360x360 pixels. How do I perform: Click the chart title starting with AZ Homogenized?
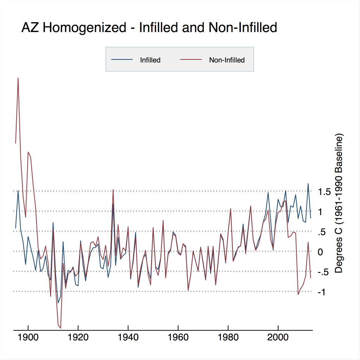[149, 27]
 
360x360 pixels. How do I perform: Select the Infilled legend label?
[150, 60]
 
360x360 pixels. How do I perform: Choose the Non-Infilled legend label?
[227, 60]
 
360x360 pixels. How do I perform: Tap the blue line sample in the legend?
[122, 60]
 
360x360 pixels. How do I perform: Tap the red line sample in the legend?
[191, 60]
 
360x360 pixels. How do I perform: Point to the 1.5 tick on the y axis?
[324, 192]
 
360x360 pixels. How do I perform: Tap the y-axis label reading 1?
[320, 212]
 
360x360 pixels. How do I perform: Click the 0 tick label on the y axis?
[320, 252]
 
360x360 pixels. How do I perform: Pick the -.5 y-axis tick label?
[323, 272]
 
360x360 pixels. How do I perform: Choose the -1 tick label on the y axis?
[321, 292]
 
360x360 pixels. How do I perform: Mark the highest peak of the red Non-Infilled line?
[18, 78]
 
